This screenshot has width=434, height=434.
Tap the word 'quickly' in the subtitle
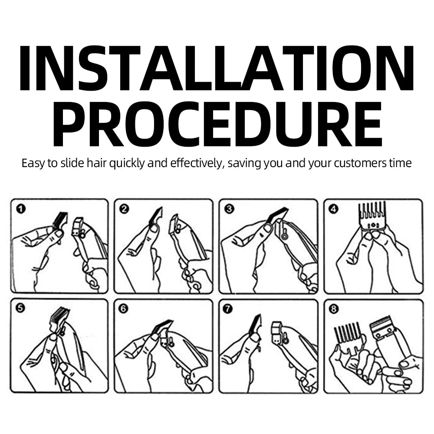point(127,163)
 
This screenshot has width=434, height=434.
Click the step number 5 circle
point(21,308)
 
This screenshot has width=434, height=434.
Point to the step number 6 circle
point(123,308)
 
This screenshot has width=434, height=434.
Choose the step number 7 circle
point(228,308)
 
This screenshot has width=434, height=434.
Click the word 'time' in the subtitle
point(400,163)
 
